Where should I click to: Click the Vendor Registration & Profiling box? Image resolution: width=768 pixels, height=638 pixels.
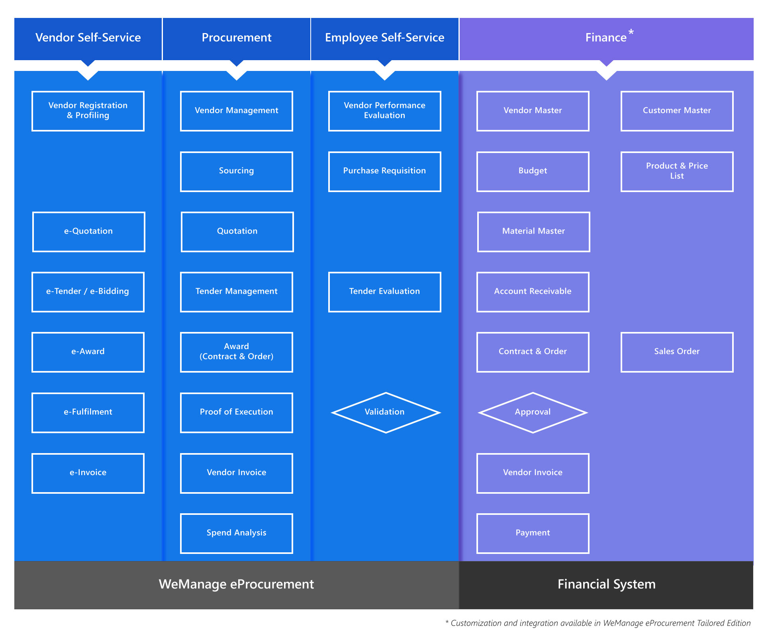(88, 111)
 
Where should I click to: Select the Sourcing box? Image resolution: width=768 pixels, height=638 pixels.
(236, 171)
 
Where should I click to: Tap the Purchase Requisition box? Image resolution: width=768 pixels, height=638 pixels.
(384, 171)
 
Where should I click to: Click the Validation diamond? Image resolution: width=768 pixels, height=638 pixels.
(385, 412)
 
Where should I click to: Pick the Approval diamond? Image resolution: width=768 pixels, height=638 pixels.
(533, 412)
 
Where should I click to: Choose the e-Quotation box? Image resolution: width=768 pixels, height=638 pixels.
(88, 232)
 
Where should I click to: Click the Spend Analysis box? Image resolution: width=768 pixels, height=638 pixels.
(236, 533)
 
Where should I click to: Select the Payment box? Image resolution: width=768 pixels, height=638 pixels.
(533, 533)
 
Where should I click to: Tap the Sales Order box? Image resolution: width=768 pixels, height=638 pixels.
(677, 352)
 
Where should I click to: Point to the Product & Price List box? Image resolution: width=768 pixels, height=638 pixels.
(677, 171)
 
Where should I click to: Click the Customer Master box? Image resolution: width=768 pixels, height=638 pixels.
(677, 111)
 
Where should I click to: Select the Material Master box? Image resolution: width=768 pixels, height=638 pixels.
(533, 232)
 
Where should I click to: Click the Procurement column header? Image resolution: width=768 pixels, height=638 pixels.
(236, 38)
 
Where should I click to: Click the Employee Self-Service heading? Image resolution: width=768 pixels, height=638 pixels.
(384, 38)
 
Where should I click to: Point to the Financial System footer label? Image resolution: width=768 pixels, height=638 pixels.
(606, 585)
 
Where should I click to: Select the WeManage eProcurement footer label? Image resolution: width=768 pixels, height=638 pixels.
(236, 585)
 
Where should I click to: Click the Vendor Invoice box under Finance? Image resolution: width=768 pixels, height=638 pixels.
(533, 473)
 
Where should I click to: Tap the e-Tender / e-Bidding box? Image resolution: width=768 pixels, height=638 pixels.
(88, 292)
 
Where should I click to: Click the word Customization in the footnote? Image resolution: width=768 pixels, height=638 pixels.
(476, 623)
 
